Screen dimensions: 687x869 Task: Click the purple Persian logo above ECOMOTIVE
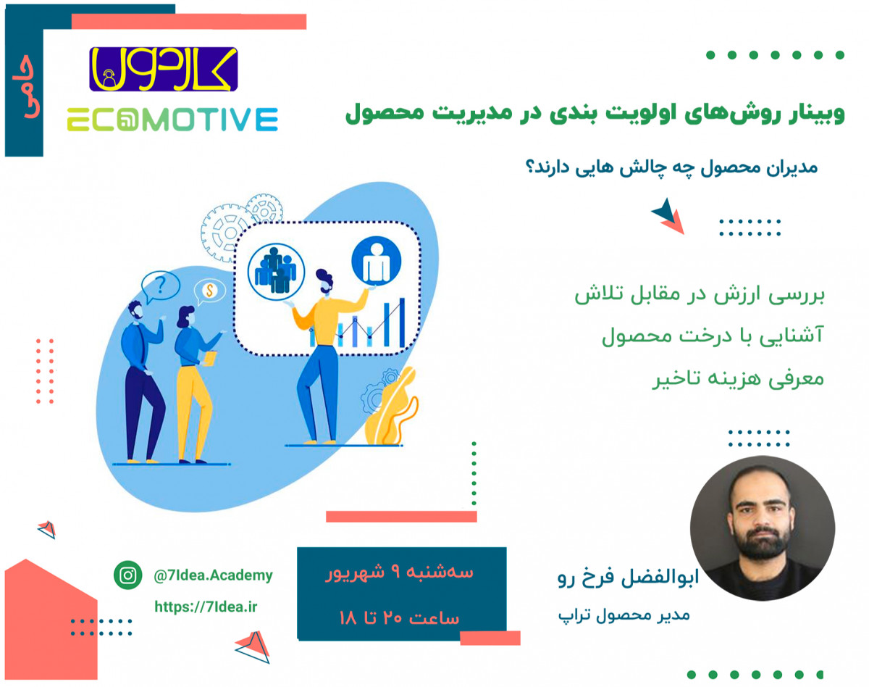tap(163, 69)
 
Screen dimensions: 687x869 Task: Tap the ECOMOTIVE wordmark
tap(172, 120)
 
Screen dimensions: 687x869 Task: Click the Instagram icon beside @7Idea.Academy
tap(128, 575)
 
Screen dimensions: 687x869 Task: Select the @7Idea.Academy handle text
tap(213, 575)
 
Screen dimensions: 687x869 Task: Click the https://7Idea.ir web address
tap(206, 607)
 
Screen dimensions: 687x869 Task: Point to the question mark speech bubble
tap(161, 286)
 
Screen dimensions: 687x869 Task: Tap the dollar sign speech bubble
tap(209, 291)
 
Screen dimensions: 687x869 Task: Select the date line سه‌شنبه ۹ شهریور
tap(400, 572)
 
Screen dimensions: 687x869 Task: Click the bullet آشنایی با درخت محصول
tap(713, 338)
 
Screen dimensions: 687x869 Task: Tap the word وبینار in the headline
tap(810, 114)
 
